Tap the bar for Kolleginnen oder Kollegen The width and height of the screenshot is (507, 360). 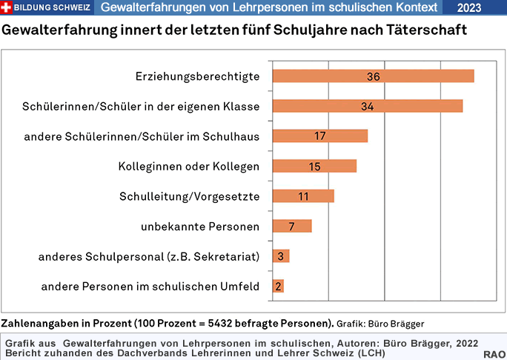pyautogui.click(x=314, y=166)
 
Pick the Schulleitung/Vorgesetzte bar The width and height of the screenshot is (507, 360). pyautogui.click(x=303, y=196)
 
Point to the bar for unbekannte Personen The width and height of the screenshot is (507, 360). pyautogui.click(x=292, y=226)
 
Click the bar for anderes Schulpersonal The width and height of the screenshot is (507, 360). pyautogui.click(x=281, y=256)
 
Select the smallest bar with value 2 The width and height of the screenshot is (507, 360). pyautogui.click(x=278, y=286)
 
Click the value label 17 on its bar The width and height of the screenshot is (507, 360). pyautogui.click(x=320, y=136)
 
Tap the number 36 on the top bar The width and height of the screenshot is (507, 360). pyautogui.click(x=373, y=76)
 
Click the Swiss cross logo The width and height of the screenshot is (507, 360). pyautogui.click(x=7, y=7)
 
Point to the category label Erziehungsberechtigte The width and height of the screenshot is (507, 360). pyautogui.click(x=197, y=76)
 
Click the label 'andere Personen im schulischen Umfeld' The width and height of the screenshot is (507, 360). pyautogui.click(x=150, y=286)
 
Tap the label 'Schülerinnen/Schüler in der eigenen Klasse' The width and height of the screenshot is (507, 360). pyautogui.click(x=141, y=107)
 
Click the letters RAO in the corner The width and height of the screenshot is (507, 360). pyautogui.click(x=494, y=355)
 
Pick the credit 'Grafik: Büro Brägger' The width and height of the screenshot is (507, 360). pyautogui.click(x=380, y=324)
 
